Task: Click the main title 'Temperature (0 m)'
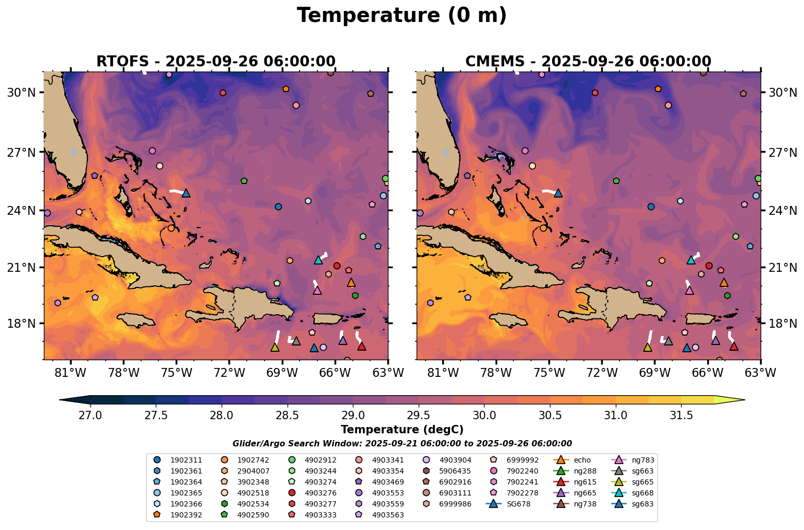click(401, 16)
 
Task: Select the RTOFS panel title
click(215, 61)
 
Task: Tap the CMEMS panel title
click(588, 61)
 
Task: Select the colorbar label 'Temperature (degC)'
click(401, 430)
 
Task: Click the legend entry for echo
click(582, 460)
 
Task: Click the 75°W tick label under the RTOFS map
click(176, 373)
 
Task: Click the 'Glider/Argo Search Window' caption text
click(401, 443)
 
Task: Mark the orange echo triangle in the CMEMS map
click(724, 283)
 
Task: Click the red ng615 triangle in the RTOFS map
click(361, 346)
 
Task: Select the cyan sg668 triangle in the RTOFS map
click(318, 260)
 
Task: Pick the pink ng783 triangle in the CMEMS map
click(690, 290)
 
